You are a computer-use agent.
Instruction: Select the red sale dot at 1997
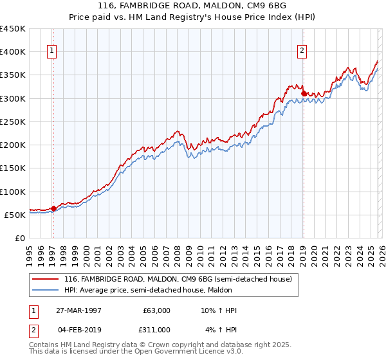click(53, 208)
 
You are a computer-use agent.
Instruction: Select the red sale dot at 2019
click(304, 93)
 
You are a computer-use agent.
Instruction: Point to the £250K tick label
click(13, 122)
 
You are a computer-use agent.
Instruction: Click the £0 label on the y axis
click(20, 238)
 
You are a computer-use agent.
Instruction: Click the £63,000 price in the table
click(154, 310)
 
